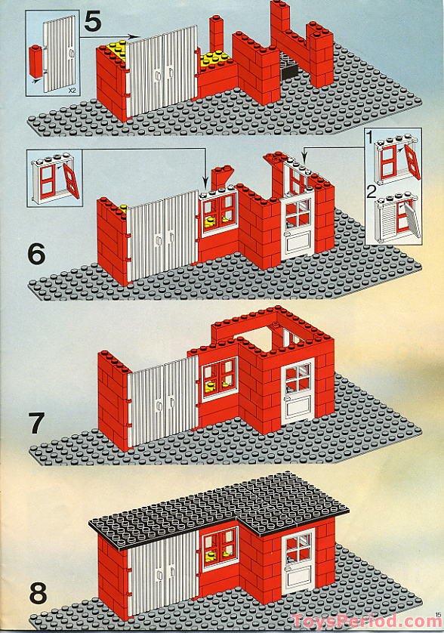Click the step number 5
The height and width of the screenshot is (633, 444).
(x=93, y=22)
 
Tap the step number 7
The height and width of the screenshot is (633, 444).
(x=36, y=424)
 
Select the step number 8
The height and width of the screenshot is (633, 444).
(x=38, y=594)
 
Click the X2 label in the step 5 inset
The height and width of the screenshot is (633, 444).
(x=72, y=91)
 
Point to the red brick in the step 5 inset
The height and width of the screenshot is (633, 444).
(x=36, y=60)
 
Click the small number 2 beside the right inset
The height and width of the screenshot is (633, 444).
(x=372, y=192)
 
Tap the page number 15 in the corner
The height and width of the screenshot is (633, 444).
(x=439, y=615)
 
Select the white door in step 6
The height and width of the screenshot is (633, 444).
(x=298, y=226)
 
